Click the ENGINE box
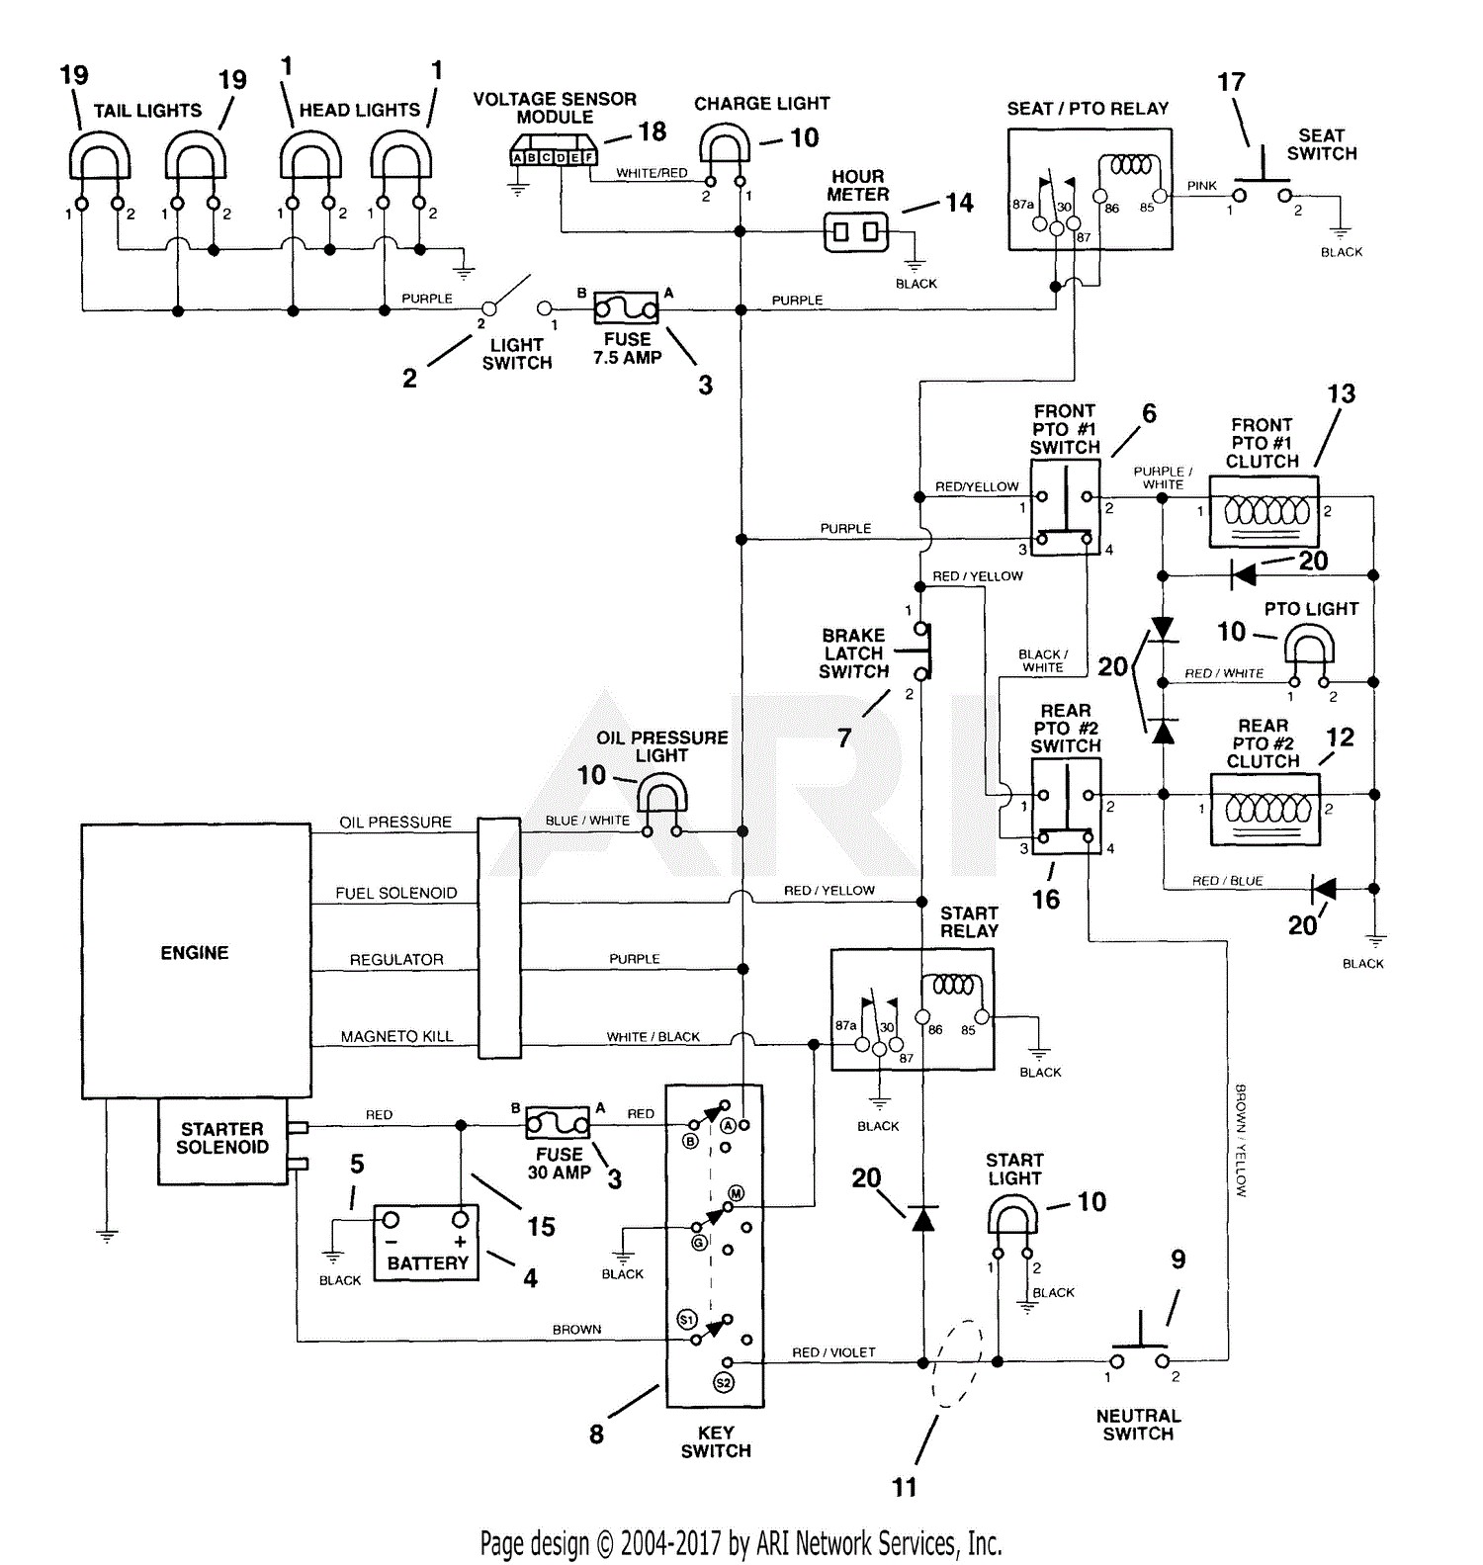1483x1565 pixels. click(x=196, y=960)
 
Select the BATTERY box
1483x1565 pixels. click(x=426, y=1243)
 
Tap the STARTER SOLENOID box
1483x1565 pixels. click(x=222, y=1141)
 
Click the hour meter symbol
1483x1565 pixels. click(x=856, y=232)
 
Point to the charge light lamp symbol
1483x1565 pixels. click(x=725, y=145)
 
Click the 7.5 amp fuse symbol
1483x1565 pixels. click(x=627, y=308)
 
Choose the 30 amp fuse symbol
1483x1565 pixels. click(x=558, y=1123)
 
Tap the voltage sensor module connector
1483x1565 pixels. click(x=555, y=157)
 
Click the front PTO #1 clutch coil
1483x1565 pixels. click(x=1265, y=511)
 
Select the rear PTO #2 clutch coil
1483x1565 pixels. click(x=1265, y=810)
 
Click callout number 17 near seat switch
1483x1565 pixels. click(x=1231, y=82)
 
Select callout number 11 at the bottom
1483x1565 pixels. click(x=905, y=1487)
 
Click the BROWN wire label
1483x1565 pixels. click(x=576, y=1330)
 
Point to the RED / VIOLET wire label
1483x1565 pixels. click(x=833, y=1352)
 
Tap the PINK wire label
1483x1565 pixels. click(x=1202, y=186)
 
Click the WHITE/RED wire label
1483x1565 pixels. click(x=652, y=173)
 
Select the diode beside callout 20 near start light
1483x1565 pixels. click(x=922, y=1219)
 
